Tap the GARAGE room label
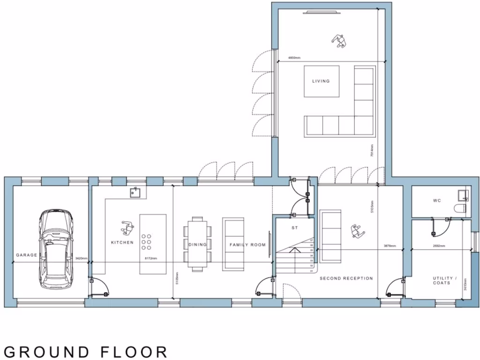pos(26,255)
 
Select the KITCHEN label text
pos(122,243)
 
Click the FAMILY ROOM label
pos(247,245)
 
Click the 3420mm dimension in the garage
pos(81,259)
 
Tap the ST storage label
pos(294,228)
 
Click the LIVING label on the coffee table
pos(321,81)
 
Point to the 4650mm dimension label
pos(294,58)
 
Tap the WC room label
pos(437,201)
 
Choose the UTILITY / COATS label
pos(442,280)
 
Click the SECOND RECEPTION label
pos(346,278)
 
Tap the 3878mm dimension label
pos(390,246)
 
